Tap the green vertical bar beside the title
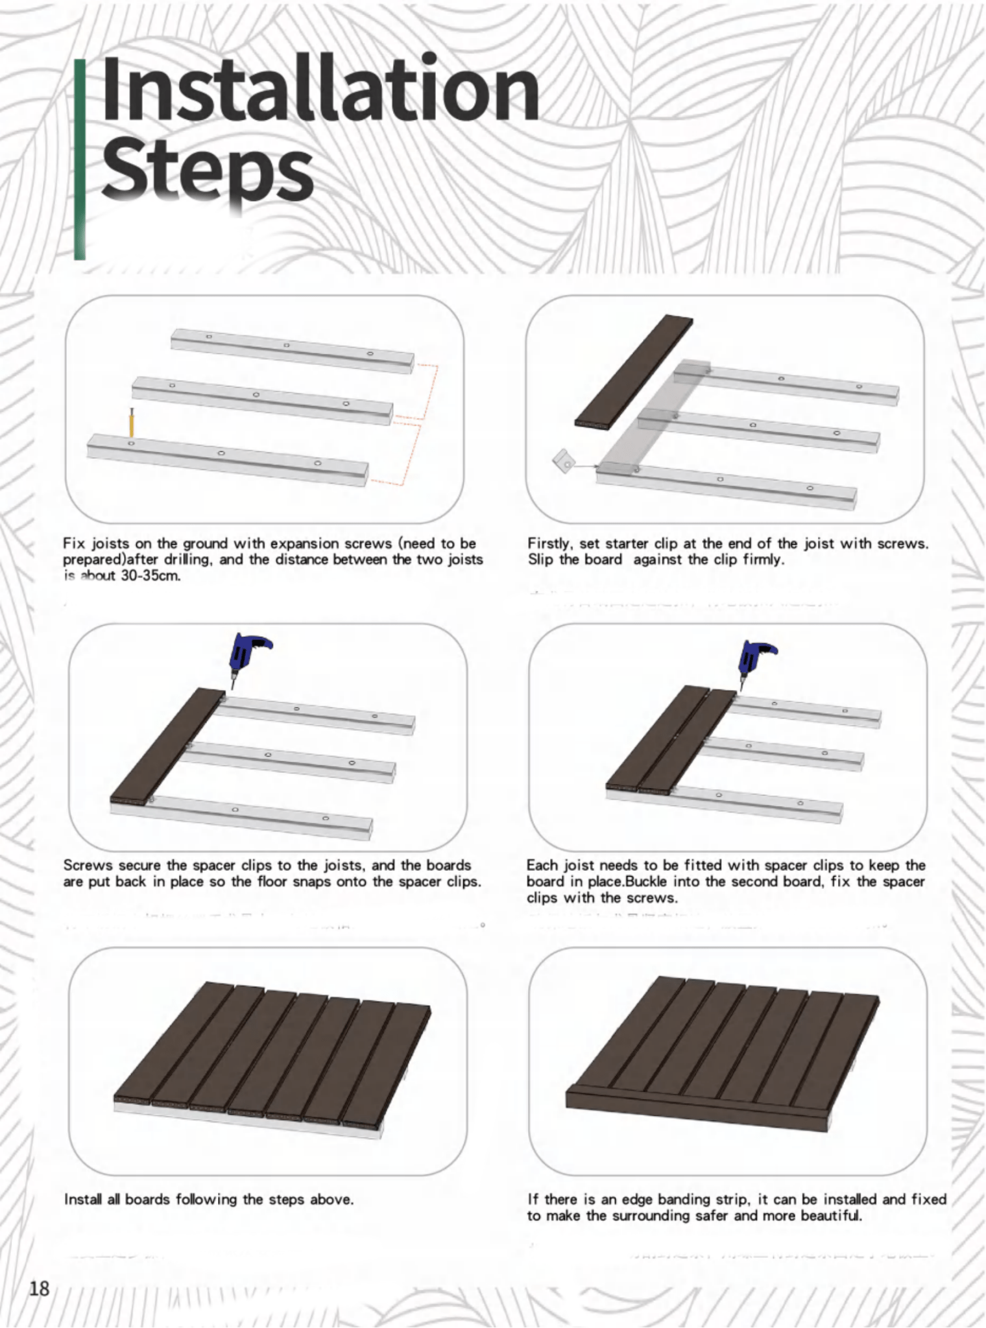[x=79, y=159]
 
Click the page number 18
[x=39, y=1288]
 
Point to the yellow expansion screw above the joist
[x=131, y=424]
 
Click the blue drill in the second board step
[x=755, y=659]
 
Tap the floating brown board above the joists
[x=634, y=371]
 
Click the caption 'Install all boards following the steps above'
[x=209, y=1200]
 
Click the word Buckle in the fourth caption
[x=644, y=882]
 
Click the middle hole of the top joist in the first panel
[x=286, y=346]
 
